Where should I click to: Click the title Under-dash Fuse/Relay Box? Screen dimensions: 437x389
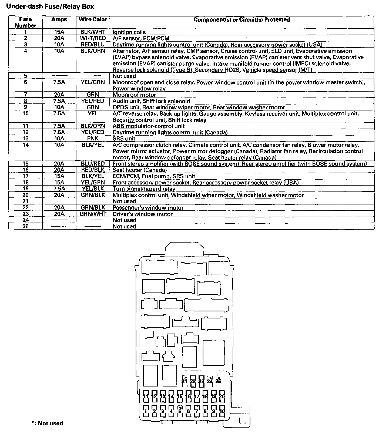50,7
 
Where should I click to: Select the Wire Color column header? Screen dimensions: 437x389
93,20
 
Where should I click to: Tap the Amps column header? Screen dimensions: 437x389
59,20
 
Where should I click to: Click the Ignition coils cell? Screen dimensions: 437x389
129,32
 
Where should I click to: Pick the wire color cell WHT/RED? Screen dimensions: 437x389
93,38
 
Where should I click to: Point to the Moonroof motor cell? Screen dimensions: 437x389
134,95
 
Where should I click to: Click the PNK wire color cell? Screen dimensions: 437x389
93,139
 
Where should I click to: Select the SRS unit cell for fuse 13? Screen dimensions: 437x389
124,139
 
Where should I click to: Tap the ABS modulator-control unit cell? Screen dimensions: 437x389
149,126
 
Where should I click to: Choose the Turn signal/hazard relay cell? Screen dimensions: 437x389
144,189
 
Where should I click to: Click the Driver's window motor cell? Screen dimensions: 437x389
143,214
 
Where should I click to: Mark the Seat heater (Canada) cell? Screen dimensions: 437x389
140,170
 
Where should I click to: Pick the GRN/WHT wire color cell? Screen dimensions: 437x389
93,214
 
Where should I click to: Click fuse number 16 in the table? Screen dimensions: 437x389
25,170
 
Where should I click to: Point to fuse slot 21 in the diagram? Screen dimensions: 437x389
185,381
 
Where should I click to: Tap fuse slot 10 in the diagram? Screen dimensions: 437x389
222,411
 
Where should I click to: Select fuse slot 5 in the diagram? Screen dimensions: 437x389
180,411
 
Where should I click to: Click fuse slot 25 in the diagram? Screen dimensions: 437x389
218,381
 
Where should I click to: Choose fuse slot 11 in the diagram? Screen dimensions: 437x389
146,396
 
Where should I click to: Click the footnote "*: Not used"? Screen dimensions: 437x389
48,423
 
